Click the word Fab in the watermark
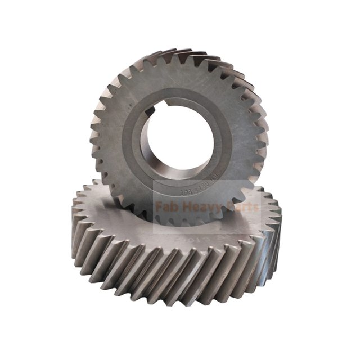tap(167, 206)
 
